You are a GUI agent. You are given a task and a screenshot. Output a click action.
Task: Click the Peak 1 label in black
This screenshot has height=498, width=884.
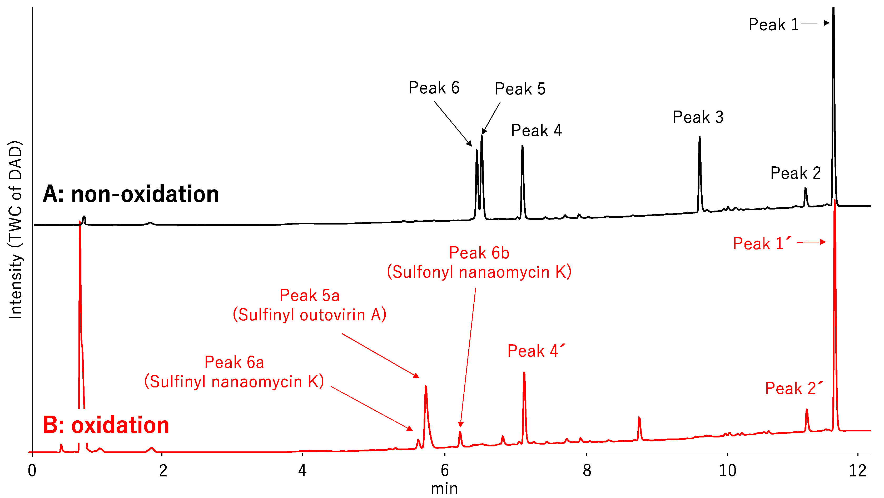click(x=773, y=25)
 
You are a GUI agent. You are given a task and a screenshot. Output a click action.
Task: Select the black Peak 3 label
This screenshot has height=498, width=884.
click(x=698, y=117)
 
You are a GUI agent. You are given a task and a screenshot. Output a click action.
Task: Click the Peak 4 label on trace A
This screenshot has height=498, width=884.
click(x=536, y=131)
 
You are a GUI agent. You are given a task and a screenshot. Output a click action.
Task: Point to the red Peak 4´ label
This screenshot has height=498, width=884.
click(x=536, y=351)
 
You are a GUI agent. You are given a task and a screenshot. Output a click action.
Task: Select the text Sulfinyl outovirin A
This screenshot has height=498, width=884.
click(x=309, y=315)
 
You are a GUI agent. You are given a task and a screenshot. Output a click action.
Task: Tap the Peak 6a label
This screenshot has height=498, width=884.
click(x=234, y=362)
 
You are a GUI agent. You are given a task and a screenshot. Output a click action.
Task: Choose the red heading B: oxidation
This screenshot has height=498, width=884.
click(x=106, y=425)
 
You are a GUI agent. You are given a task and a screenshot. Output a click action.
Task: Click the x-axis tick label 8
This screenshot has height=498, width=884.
click(x=587, y=471)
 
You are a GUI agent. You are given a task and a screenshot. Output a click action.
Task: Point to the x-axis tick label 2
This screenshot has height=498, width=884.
click(x=163, y=471)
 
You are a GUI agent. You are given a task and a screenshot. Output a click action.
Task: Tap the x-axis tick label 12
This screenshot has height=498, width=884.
click(x=858, y=471)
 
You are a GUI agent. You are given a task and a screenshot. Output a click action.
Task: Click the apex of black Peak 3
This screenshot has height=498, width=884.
click(x=699, y=137)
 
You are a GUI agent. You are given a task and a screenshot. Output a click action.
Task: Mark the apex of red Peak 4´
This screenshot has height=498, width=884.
click(x=524, y=373)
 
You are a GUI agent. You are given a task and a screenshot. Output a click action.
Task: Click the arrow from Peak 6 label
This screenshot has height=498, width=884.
click(x=453, y=123)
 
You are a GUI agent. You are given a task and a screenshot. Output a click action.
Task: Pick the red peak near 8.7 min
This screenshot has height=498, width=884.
click(x=639, y=418)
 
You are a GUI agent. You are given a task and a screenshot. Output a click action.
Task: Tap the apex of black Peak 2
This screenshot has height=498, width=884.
click(x=805, y=188)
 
